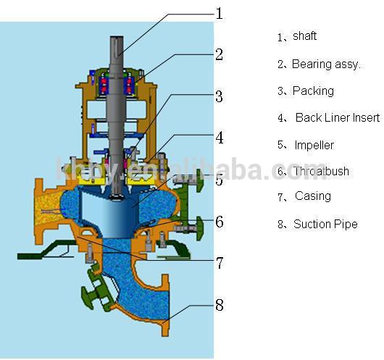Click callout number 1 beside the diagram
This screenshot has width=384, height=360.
pos(220,13)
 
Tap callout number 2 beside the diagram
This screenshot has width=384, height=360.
pos(220,54)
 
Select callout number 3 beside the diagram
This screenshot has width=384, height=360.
pos(220,96)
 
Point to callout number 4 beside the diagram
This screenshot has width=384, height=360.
pos(220,138)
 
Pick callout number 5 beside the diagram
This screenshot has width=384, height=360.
pos(220,180)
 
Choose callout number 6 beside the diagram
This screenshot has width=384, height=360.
pos(220,222)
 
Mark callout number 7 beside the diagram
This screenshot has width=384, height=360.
pos(220,262)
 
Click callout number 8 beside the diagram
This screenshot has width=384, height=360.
pos(220,304)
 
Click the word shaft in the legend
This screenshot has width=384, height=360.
pos(304,36)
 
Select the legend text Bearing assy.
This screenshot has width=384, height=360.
pos(326,64)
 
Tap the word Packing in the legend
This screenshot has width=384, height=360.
pos(313,91)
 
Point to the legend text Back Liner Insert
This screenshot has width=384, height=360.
pos(337,118)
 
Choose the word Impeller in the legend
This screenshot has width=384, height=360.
pos(314,145)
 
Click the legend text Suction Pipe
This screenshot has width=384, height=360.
pos(325,225)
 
